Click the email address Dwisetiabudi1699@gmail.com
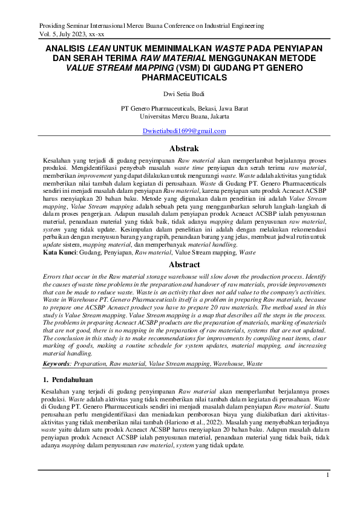(x=184, y=131)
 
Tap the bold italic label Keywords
(x=57, y=364)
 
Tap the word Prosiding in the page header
(x=51, y=27)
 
